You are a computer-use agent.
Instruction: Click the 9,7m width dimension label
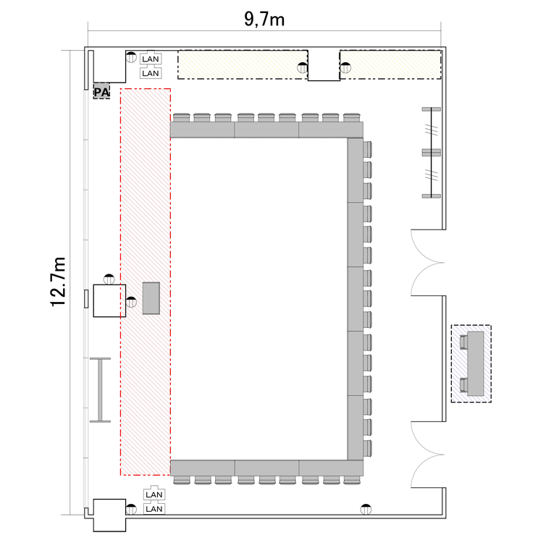264,19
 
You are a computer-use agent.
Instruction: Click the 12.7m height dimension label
58,282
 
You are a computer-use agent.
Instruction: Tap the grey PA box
101,91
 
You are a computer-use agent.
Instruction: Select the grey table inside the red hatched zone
151,298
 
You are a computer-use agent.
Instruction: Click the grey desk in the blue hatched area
476,363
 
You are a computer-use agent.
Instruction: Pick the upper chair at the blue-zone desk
463,342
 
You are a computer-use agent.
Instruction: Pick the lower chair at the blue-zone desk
463,385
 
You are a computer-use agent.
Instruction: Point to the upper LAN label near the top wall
151,59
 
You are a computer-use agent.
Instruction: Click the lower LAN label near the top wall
151,73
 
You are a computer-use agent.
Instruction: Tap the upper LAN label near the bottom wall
154,494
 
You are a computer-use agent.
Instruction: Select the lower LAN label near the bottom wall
154,509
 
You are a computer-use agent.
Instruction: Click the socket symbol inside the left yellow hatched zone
303,68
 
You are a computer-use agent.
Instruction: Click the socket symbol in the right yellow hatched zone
345,68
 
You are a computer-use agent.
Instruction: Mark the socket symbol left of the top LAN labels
131,57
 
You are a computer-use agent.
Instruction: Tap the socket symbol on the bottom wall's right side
366,510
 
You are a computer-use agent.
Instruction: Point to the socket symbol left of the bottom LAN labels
131,510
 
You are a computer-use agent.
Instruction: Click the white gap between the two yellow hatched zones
324,65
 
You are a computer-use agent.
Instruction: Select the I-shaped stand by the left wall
100,390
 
